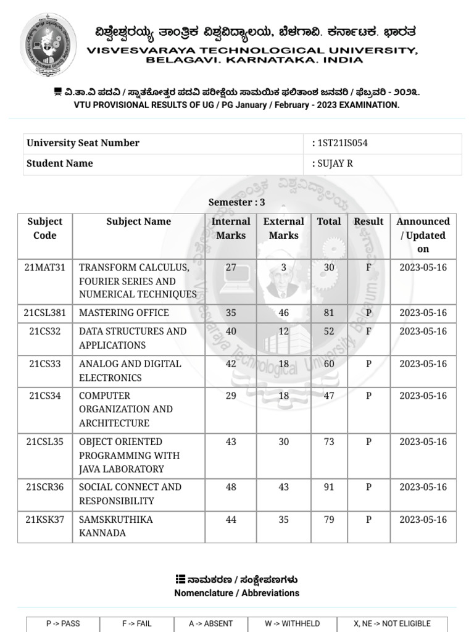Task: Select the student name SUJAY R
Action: click(x=335, y=164)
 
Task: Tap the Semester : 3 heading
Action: click(x=236, y=202)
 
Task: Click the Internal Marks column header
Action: click(x=231, y=228)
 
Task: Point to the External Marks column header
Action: click(x=283, y=228)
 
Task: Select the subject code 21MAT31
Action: click(x=45, y=268)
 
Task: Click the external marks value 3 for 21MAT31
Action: click(x=283, y=268)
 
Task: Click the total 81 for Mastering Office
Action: click(x=328, y=313)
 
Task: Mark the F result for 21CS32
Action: click(x=368, y=331)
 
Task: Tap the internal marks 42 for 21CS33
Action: click(x=231, y=364)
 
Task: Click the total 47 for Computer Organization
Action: click(x=328, y=396)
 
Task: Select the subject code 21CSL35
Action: click(x=45, y=442)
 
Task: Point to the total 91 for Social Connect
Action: click(x=328, y=488)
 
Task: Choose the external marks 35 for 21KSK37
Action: click(x=283, y=520)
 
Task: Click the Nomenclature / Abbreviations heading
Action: click(x=236, y=593)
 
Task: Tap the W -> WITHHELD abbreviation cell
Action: click(x=292, y=623)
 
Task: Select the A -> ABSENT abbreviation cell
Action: click(x=210, y=623)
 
